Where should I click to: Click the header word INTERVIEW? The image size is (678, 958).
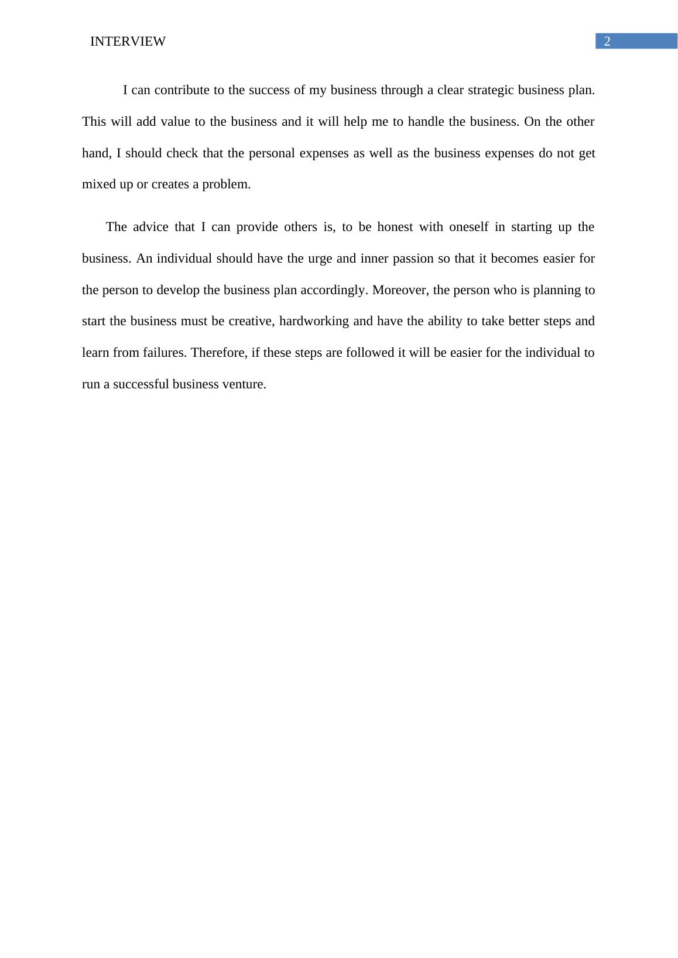click(128, 42)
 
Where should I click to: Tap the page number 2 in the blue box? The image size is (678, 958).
click(607, 41)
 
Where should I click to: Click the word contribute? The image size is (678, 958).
click(178, 90)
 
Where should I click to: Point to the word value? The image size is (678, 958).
click(176, 122)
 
